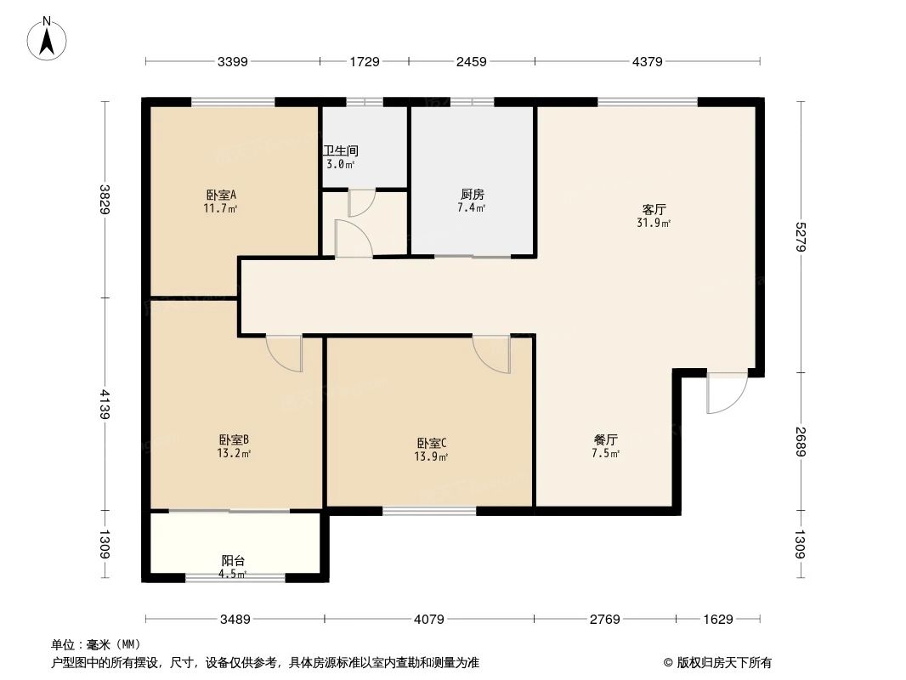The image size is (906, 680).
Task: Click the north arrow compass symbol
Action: click(48, 38)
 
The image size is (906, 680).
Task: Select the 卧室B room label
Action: click(234, 439)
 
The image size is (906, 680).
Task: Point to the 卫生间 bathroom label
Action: click(340, 150)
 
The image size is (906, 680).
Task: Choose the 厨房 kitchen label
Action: click(470, 194)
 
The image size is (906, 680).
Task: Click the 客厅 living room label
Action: click(654, 209)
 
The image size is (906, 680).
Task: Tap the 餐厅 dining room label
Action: click(605, 439)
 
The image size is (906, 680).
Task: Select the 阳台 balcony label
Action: click(234, 561)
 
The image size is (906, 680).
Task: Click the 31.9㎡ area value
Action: click(654, 224)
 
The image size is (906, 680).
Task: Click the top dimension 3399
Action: click(232, 61)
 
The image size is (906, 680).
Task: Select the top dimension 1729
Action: click(365, 61)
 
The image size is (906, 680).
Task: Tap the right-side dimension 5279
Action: click(799, 237)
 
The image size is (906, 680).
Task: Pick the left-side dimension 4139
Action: click(105, 404)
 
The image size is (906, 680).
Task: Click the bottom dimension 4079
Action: click(429, 620)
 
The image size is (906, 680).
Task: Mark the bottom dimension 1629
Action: click(718, 620)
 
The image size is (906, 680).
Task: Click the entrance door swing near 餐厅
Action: click(724, 393)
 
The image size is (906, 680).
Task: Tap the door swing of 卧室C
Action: click(493, 354)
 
